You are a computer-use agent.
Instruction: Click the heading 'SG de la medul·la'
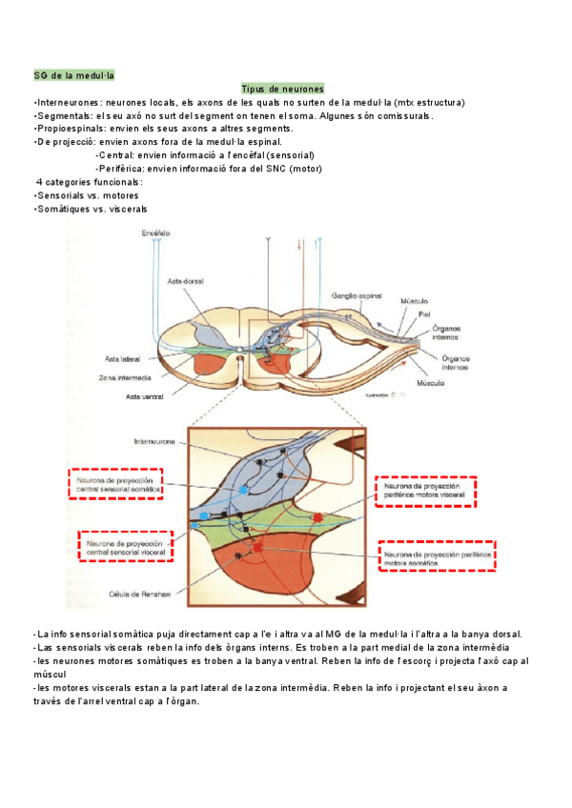73,74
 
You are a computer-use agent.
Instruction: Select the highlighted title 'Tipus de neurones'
283,88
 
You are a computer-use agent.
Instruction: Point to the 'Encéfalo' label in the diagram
155,233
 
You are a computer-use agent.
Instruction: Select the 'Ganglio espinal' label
357,295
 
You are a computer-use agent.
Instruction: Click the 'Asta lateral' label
123,358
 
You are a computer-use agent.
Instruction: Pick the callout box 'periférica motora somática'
439,556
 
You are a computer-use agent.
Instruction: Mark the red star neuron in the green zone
317,517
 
